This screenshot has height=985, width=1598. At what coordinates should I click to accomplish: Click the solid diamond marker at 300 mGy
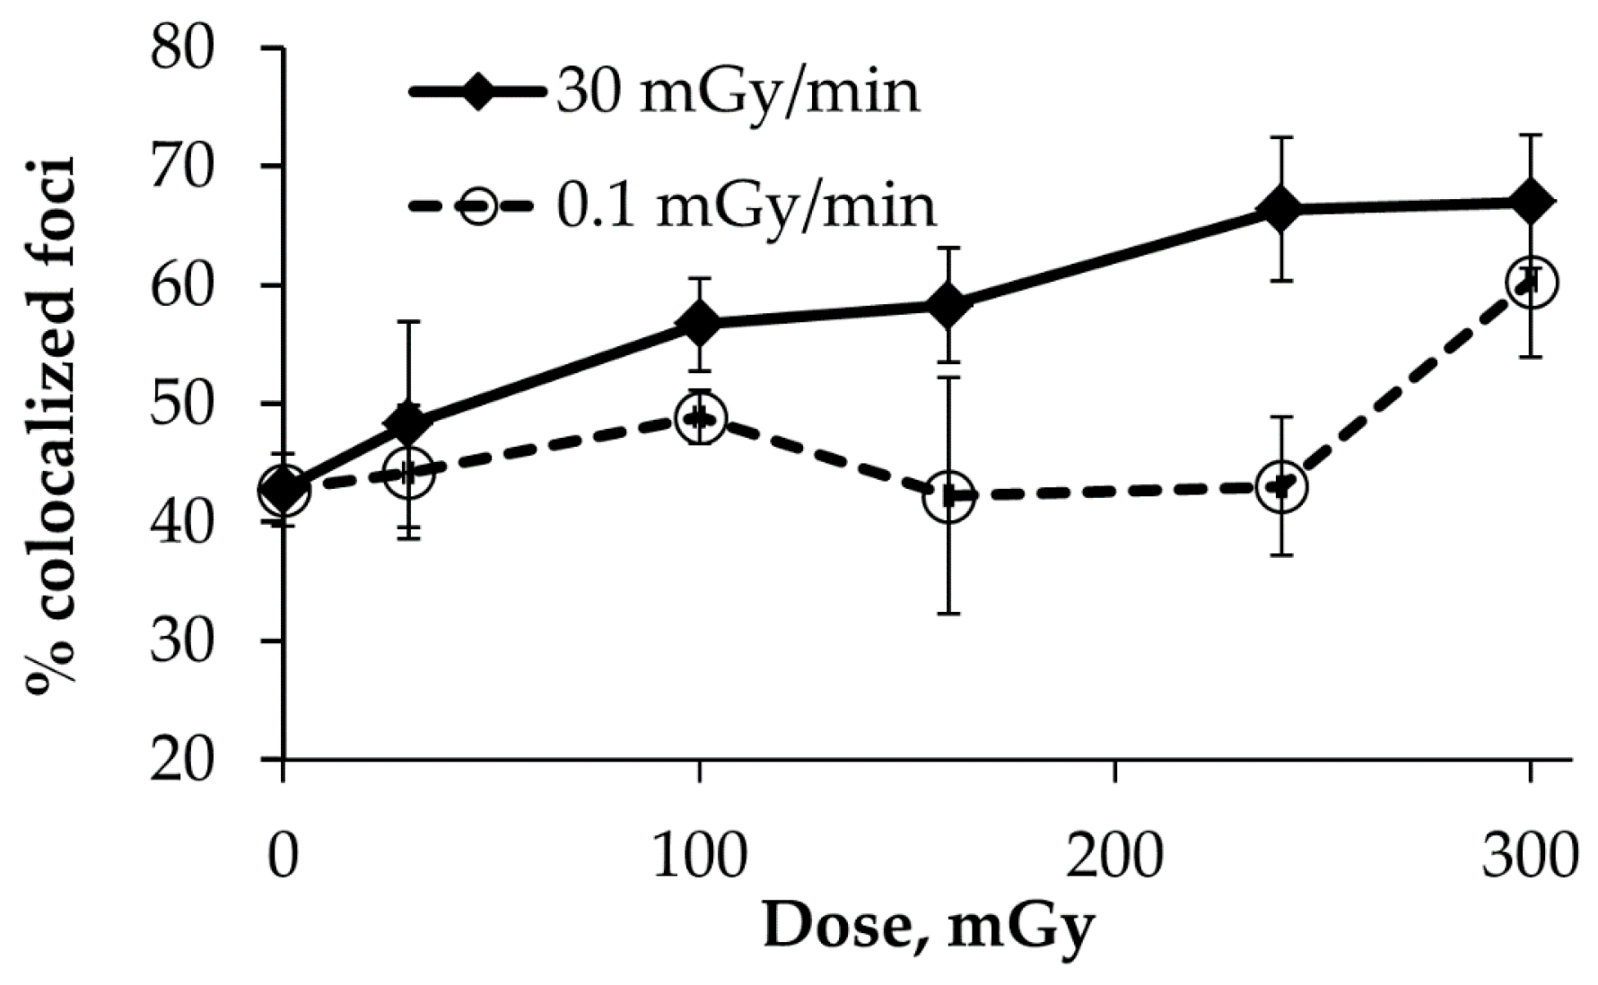tap(1530, 202)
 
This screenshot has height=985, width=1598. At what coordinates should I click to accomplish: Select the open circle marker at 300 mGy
tap(1530, 282)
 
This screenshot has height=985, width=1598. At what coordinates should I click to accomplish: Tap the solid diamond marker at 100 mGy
tap(699, 323)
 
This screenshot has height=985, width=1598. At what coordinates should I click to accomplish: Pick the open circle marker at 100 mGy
tap(699, 418)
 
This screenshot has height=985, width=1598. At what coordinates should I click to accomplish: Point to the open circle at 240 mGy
tap(1281, 487)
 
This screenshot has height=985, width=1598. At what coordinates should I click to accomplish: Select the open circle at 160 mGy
tap(948, 495)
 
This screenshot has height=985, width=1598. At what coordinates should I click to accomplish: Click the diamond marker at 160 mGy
tap(948, 305)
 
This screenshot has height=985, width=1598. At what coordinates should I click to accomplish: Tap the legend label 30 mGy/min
tap(738, 92)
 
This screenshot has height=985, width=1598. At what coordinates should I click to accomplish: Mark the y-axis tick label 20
tap(183, 761)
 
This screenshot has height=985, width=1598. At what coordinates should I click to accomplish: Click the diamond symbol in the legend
tap(478, 92)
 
